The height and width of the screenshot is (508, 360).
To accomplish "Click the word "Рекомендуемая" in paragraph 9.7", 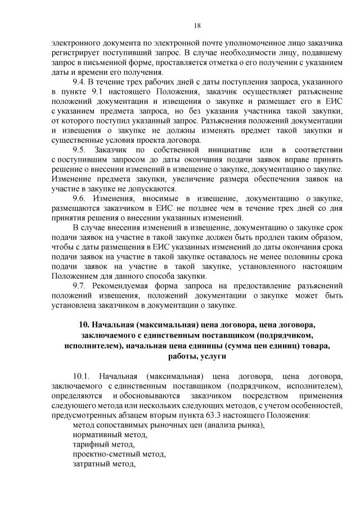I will [123, 285].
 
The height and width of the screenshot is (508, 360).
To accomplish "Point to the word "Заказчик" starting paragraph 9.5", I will [114, 149].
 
